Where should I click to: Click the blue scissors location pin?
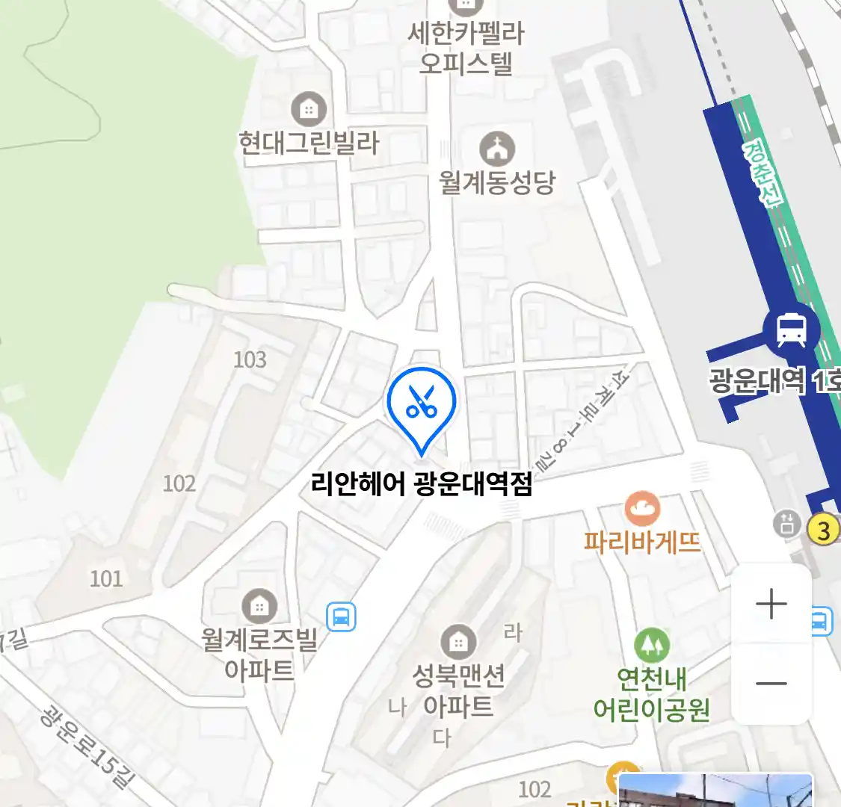tap(421, 404)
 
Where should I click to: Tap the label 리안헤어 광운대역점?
tap(422, 485)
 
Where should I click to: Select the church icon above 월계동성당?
tap(497, 149)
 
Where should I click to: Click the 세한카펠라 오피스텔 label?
tap(466, 48)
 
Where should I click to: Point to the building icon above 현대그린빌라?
tap(309, 110)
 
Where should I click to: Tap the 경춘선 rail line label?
tap(763, 173)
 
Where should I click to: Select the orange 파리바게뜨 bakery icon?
tap(642, 510)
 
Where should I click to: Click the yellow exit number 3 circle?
tap(824, 530)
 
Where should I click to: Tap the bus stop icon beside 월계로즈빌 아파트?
tap(341, 617)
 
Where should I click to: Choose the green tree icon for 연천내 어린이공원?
tap(651, 644)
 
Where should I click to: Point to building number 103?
tap(250, 360)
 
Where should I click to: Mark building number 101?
tap(106, 578)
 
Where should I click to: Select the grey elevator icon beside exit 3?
tap(786, 524)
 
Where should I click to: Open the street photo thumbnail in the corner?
tap(715, 791)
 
